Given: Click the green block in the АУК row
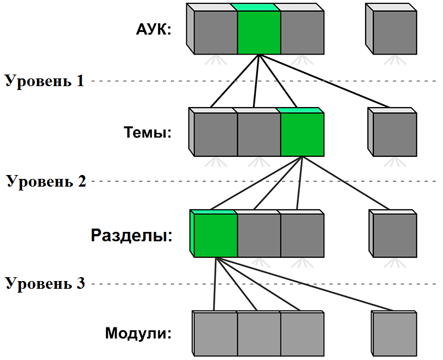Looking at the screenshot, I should pos(259,32).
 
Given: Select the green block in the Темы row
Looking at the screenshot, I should pos(302,135).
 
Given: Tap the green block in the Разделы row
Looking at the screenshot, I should pos(215,236).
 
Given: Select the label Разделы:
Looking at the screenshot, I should pos(132,236).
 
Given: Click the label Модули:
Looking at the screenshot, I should pos(139,333).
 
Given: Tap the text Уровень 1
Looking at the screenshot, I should pos(45,81).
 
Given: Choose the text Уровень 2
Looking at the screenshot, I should pos(46,181).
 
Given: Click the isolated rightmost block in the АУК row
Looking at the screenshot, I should pos(394,32).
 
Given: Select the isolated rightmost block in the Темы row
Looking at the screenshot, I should pos(394,135).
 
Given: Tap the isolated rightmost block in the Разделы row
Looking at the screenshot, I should pos(394,236).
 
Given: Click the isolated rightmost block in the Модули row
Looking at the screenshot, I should pos(394,335).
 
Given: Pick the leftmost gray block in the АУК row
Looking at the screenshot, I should pos(215,32).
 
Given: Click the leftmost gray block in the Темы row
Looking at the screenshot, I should pos(215,135).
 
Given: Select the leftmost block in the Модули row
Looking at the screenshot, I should pos(215,335).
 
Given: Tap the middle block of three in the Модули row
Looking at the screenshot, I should pos(259,335).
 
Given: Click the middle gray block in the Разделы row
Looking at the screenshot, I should pos(259,236).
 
